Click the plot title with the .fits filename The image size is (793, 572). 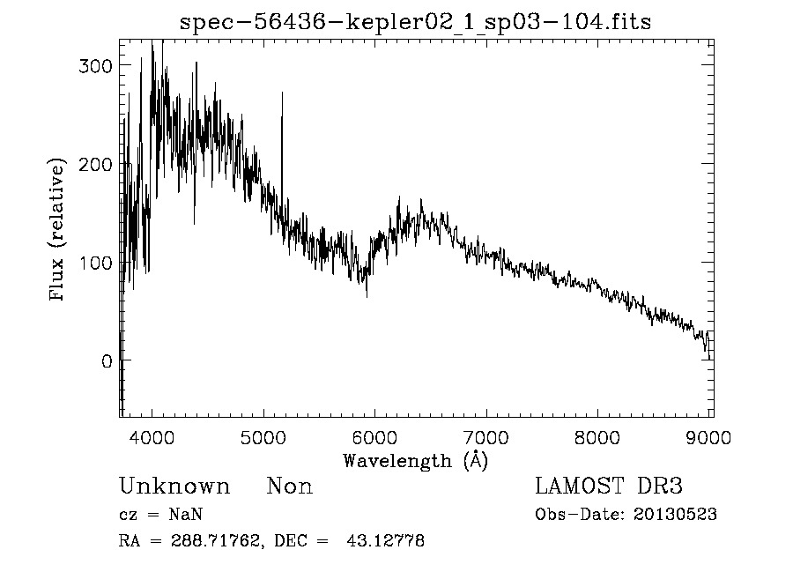point(415,22)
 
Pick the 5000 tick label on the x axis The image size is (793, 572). point(263,437)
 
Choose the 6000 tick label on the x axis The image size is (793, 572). point(374,437)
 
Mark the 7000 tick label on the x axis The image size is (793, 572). point(486,437)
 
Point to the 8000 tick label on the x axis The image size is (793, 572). point(597,437)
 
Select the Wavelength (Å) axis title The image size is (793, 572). point(415,460)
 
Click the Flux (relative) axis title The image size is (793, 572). point(58,231)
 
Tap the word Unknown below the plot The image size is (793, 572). point(174,487)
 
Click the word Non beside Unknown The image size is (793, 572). point(290,487)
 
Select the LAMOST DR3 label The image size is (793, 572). point(608,487)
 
